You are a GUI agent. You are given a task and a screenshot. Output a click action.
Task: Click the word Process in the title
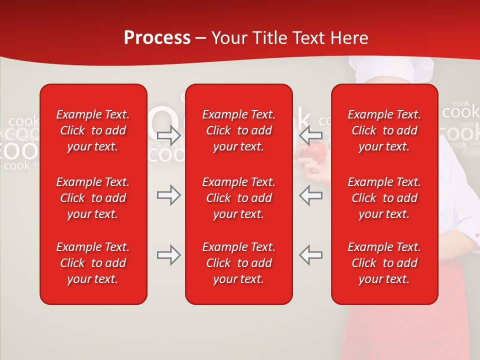(x=157, y=38)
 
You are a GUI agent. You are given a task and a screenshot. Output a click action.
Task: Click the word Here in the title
(x=348, y=38)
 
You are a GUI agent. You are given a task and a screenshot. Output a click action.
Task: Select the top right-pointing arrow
(x=168, y=135)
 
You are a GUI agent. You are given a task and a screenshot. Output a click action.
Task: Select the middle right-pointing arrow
(x=168, y=195)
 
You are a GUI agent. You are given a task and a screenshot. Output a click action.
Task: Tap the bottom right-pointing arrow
(x=168, y=255)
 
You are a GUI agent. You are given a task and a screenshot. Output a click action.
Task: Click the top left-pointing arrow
(x=310, y=135)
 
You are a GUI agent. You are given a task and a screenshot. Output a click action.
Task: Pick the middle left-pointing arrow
(x=310, y=195)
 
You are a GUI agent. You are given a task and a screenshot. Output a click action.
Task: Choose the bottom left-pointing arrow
(x=310, y=255)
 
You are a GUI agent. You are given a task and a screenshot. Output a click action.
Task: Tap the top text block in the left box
(x=93, y=130)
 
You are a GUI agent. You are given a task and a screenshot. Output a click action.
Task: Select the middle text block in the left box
(x=93, y=198)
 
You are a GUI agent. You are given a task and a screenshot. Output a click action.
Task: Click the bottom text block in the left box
(x=93, y=263)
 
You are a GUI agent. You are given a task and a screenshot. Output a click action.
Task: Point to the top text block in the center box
(x=239, y=130)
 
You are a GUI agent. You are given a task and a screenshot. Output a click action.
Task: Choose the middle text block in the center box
(x=239, y=198)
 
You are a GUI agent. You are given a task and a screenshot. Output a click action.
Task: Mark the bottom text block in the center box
(x=239, y=263)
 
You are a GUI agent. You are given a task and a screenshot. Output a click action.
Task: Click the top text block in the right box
(x=384, y=130)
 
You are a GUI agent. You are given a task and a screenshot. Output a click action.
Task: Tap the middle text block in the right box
(x=384, y=198)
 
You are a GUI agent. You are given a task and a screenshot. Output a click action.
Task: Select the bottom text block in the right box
(x=384, y=263)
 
